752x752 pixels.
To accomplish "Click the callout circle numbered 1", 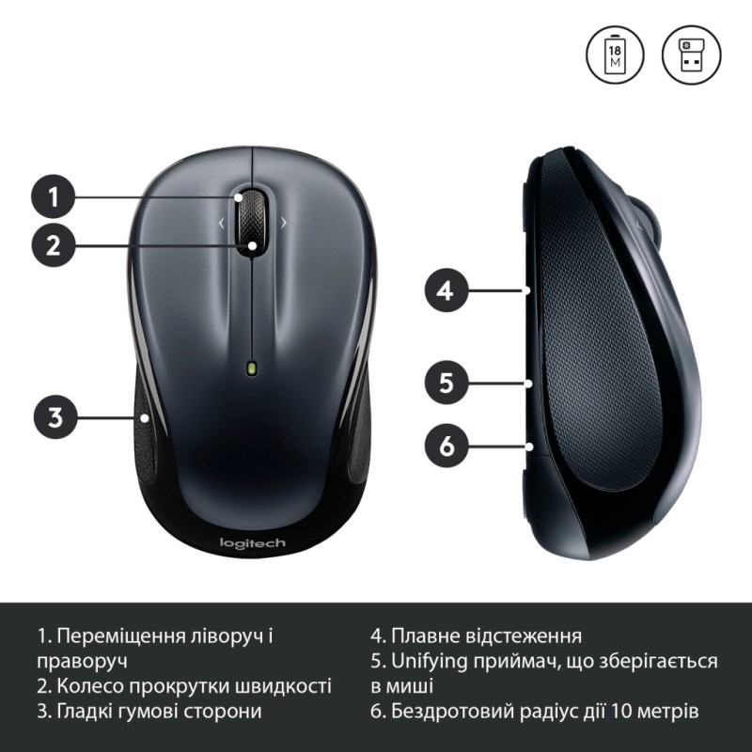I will coord(55,197).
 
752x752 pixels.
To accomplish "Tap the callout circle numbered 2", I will coord(55,246).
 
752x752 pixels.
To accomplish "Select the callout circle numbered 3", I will coord(55,415).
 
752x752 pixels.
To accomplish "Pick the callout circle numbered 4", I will coord(446,291).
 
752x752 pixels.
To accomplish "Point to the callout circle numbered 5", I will coord(446,383).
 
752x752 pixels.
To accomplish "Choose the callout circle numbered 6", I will coord(446,446).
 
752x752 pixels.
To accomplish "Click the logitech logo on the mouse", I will coord(252,543).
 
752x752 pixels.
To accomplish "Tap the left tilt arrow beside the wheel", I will coord(222,223).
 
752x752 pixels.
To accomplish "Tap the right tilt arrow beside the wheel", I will coord(284,223).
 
